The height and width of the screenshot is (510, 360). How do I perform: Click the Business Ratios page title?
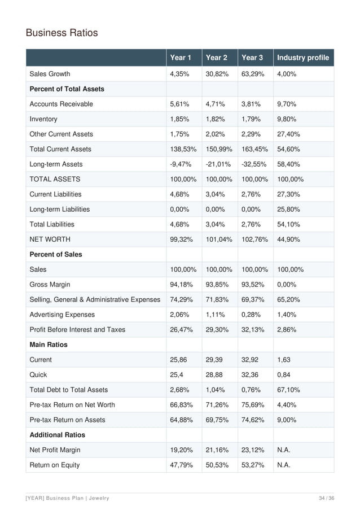point(62,33)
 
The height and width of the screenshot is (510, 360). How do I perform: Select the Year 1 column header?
point(181,58)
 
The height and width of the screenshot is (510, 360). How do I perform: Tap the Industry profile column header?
point(303,58)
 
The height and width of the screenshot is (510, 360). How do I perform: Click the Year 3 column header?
point(252,58)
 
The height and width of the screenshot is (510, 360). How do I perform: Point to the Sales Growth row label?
point(50,74)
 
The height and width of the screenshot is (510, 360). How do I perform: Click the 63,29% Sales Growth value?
point(252,74)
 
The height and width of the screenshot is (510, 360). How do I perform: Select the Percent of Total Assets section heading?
point(67,89)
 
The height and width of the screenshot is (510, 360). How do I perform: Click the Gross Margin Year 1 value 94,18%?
point(181,285)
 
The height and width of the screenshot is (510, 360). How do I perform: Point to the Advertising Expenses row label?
point(62,315)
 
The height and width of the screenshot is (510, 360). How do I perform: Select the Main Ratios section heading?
point(48,345)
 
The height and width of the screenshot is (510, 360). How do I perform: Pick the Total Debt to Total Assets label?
point(68,390)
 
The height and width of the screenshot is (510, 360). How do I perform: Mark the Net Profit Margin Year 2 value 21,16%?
point(217,450)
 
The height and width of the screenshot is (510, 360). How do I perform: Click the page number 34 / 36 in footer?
point(326,498)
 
